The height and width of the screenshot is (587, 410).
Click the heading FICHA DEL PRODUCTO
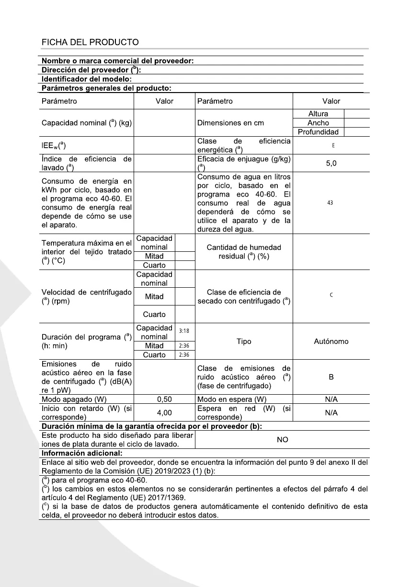click(90, 42)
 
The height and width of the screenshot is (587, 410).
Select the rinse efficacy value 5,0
click(331, 163)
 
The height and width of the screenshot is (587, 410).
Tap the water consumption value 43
click(330, 203)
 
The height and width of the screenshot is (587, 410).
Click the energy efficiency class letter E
click(333, 145)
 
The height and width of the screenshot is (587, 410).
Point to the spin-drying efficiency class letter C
click(331, 295)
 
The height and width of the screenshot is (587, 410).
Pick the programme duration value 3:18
click(184, 331)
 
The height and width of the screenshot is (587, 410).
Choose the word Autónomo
click(331, 341)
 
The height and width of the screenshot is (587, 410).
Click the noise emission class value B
click(331, 377)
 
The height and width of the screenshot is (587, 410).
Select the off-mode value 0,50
click(164, 399)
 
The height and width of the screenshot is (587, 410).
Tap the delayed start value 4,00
click(164, 412)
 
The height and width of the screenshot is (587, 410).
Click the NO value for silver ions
click(283, 439)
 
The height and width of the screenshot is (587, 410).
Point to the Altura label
click(318, 114)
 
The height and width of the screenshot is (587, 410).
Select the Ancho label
click(318, 123)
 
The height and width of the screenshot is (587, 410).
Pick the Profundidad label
click(318, 132)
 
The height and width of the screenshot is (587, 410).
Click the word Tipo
click(244, 341)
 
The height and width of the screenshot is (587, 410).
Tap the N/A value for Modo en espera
click(331, 399)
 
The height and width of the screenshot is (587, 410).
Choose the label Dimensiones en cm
click(230, 123)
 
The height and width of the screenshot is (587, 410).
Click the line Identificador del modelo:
click(87, 79)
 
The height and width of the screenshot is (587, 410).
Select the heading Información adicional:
click(82, 453)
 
